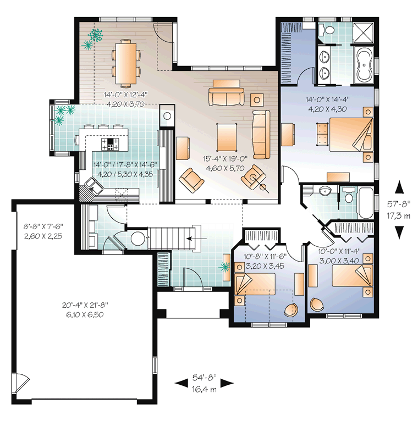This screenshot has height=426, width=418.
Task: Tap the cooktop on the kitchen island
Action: click(111, 144)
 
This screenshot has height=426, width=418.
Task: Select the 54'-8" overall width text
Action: click(204, 378)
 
